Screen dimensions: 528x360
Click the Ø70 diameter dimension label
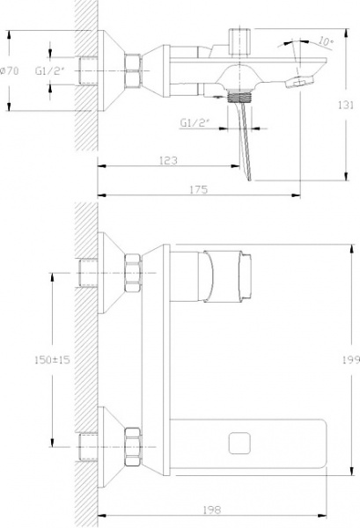point(12,70)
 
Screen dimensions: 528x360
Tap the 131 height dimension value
point(350,102)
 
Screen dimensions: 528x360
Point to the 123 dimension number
point(169,160)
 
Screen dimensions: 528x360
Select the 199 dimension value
point(350,358)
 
